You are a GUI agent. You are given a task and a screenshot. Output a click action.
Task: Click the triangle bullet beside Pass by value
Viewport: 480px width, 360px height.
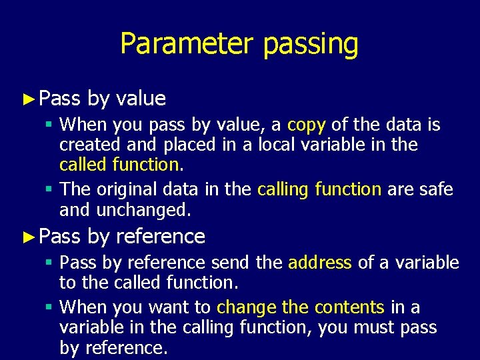point(27,99)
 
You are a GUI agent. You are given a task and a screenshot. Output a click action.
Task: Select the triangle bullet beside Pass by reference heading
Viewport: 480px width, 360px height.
point(27,237)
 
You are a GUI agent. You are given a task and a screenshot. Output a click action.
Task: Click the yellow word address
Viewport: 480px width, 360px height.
point(319,263)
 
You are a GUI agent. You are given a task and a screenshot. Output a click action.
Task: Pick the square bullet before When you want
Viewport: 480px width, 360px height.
point(51,308)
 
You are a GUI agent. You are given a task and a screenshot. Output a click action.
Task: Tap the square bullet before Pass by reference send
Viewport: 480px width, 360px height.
point(51,263)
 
